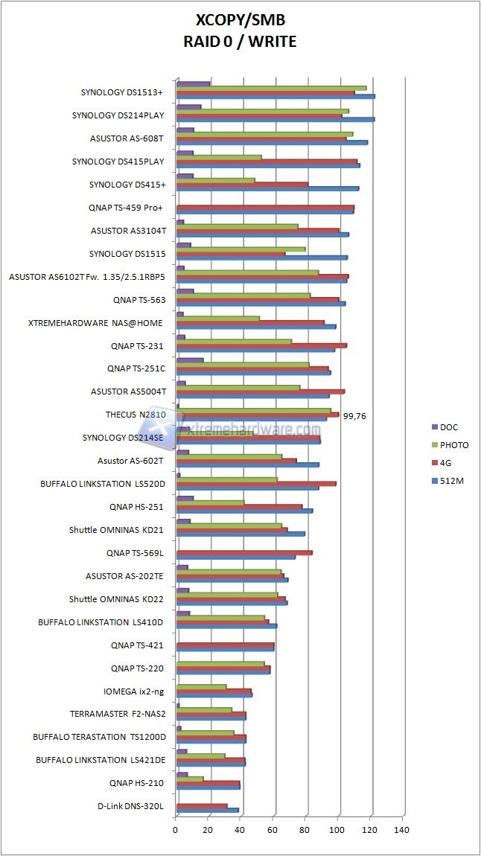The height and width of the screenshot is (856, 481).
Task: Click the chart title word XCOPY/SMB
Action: pos(240,20)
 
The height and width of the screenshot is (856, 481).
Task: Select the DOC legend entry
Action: pos(449,427)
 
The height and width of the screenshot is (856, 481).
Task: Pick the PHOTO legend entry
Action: pos(454,445)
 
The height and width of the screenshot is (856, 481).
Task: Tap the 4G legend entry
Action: pos(446,464)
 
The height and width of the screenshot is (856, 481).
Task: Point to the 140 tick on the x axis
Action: pos(402,828)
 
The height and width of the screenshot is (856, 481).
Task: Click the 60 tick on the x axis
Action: pos(273,828)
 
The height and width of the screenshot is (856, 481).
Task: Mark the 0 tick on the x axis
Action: pos(176,828)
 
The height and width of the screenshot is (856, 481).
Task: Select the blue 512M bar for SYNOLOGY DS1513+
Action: pos(275,96)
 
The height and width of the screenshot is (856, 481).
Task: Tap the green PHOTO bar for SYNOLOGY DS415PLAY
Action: pos(219,157)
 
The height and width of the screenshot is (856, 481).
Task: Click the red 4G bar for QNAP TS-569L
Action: pos(243,552)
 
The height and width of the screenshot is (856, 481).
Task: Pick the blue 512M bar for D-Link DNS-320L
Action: pos(207,810)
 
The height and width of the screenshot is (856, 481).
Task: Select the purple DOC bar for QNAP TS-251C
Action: pos(189,360)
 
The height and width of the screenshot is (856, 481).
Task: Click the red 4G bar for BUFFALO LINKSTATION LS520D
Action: pos(255,483)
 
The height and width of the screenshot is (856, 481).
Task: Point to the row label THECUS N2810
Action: pos(136,415)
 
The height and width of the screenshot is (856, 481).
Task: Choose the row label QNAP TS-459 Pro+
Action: pos(127,208)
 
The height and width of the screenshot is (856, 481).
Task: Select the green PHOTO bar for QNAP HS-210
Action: pos(189,779)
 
